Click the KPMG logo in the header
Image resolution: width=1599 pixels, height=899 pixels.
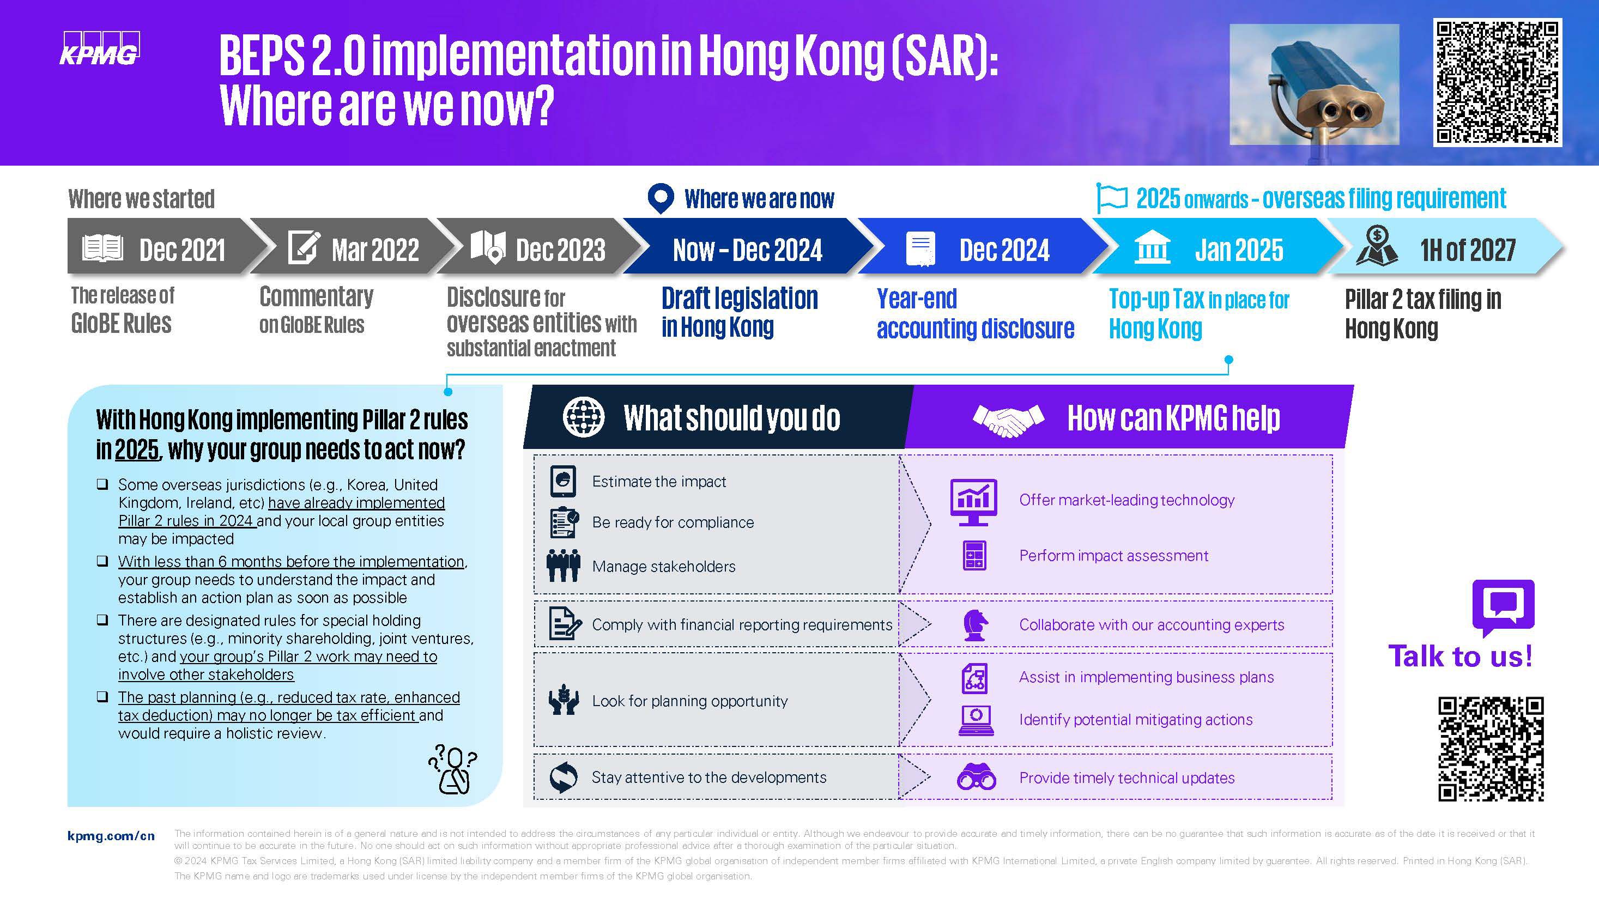(x=99, y=48)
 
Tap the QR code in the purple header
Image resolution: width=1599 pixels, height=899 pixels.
(x=1497, y=82)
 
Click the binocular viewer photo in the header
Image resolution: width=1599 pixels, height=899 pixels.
(x=1314, y=84)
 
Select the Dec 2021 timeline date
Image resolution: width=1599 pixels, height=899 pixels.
(x=182, y=250)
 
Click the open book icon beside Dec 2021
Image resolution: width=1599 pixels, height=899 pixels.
(x=102, y=248)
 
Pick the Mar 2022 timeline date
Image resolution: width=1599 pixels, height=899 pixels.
(x=375, y=250)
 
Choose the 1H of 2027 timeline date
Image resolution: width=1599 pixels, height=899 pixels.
(x=1468, y=250)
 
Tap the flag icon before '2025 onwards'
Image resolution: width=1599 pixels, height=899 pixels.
(x=1112, y=198)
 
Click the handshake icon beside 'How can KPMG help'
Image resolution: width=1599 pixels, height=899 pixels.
(x=1009, y=420)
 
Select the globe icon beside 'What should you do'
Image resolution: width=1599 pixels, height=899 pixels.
(x=584, y=417)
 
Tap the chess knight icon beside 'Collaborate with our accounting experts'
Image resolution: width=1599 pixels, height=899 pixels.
(x=976, y=624)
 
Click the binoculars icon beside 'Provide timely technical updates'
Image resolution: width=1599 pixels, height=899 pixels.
(x=977, y=777)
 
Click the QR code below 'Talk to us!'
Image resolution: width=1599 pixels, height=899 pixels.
(x=1491, y=749)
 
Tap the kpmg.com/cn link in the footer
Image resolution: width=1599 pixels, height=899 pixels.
(x=111, y=836)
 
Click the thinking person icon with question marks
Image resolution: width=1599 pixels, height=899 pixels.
(x=453, y=769)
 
